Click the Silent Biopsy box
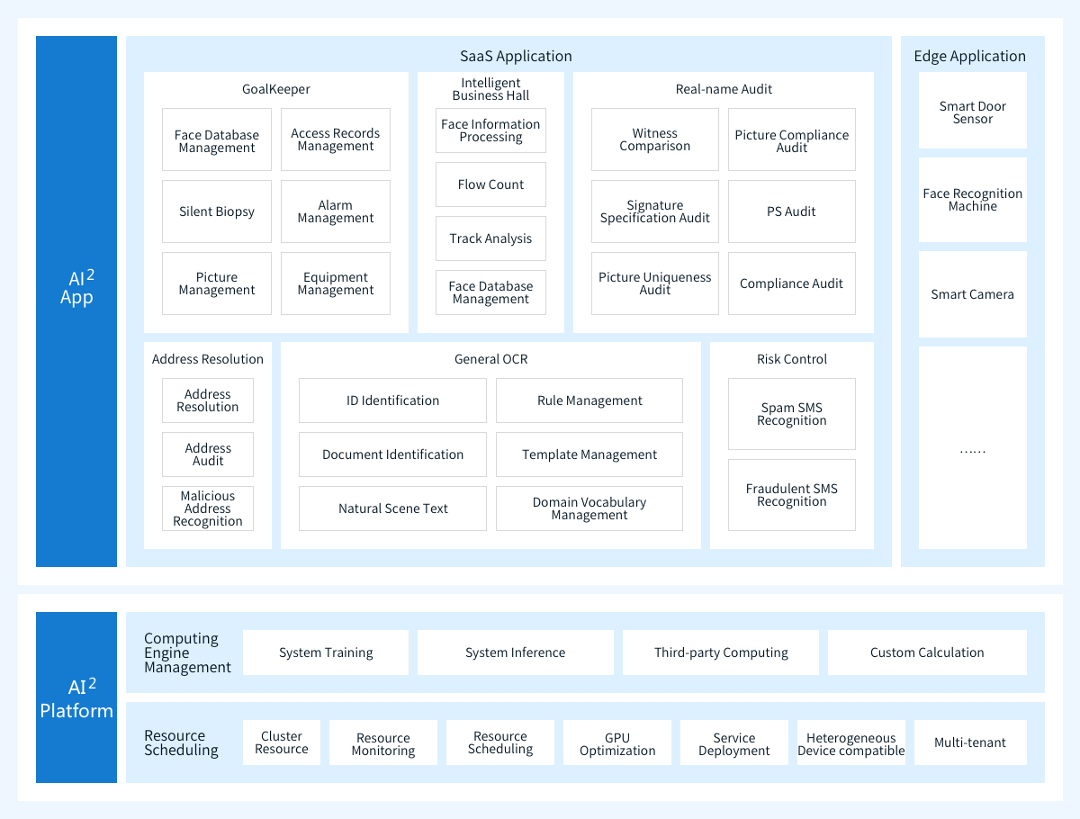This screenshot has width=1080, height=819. tap(217, 211)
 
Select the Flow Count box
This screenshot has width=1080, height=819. tap(490, 184)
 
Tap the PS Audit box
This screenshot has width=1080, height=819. tap(792, 211)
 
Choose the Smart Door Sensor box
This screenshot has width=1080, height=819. tap(972, 111)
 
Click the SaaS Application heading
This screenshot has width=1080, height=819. tap(516, 56)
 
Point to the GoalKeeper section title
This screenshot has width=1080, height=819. tap(276, 89)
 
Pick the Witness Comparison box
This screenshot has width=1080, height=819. tap(655, 139)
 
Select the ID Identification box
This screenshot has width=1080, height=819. tap(392, 400)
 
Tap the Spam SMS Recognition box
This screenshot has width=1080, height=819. tap(792, 414)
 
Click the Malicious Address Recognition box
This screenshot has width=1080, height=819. tap(208, 508)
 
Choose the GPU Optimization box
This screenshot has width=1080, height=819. tap(617, 742)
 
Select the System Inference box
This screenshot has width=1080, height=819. tap(515, 652)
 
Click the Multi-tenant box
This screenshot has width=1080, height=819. tap(970, 742)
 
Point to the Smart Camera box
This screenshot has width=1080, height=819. tap(972, 294)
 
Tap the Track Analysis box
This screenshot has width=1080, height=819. tap(490, 238)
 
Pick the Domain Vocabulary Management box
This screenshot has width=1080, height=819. tap(589, 508)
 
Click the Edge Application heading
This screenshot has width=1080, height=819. tap(970, 56)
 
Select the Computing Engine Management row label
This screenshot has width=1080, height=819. tap(187, 652)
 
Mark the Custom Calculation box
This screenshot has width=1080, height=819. tap(927, 652)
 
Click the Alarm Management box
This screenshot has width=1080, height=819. tap(336, 211)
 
